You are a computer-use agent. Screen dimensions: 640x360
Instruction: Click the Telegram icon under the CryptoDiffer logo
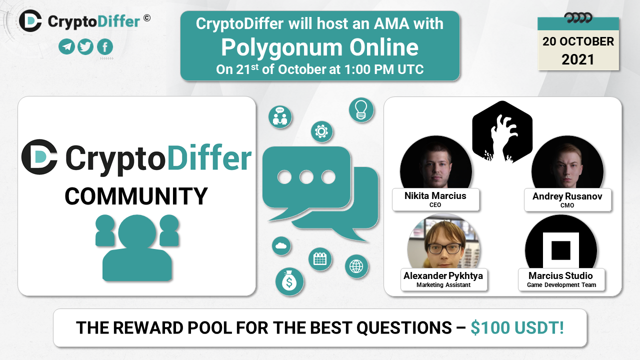(66, 47)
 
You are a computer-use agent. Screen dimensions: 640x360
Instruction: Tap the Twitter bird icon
(85, 47)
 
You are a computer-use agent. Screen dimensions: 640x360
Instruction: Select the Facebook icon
(105, 47)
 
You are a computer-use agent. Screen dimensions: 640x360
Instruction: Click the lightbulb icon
(361, 110)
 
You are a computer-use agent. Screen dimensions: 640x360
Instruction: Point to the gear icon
(321, 131)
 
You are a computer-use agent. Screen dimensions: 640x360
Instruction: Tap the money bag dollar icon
(289, 281)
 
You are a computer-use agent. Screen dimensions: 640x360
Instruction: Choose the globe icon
(356, 266)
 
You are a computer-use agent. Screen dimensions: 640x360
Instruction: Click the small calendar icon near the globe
(320, 259)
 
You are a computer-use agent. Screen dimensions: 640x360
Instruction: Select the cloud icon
(281, 246)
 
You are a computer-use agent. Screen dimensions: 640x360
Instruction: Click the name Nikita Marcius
(435, 196)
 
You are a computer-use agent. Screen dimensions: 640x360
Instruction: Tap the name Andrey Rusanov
(567, 196)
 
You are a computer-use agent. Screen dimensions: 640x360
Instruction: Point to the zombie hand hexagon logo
(502, 132)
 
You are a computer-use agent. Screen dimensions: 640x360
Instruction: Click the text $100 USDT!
(517, 327)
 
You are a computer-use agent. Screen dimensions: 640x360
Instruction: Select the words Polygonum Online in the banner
(319, 47)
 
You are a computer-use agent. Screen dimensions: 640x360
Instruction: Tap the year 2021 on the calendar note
(577, 59)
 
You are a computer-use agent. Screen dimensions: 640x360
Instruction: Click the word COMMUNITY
(136, 196)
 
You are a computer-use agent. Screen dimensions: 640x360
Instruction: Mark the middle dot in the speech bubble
(306, 177)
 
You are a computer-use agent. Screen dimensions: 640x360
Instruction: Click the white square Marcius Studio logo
(561, 250)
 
